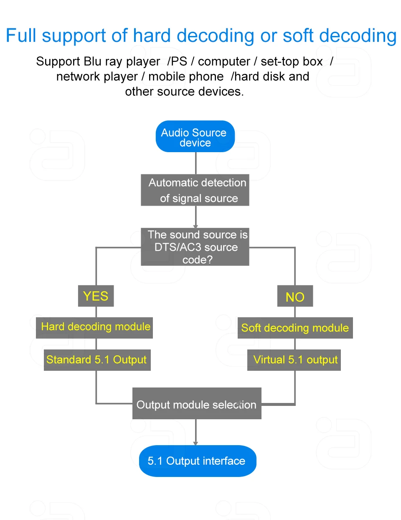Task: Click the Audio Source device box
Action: tap(195, 137)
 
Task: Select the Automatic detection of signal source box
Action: tap(195, 190)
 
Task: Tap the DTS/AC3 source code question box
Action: tap(195, 247)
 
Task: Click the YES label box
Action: tap(96, 296)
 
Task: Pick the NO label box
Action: tap(295, 296)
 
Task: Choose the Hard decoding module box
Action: tap(94, 327)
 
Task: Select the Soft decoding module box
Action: tap(295, 328)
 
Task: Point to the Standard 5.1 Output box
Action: tap(97, 360)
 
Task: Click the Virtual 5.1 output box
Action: tap(294, 360)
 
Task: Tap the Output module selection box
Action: tap(197, 404)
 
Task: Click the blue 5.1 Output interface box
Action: tap(197, 461)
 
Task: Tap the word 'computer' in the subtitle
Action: tap(224, 61)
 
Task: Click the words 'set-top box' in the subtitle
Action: tap(292, 61)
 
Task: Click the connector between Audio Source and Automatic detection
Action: tap(195, 163)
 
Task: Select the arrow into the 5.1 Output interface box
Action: tap(195, 433)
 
